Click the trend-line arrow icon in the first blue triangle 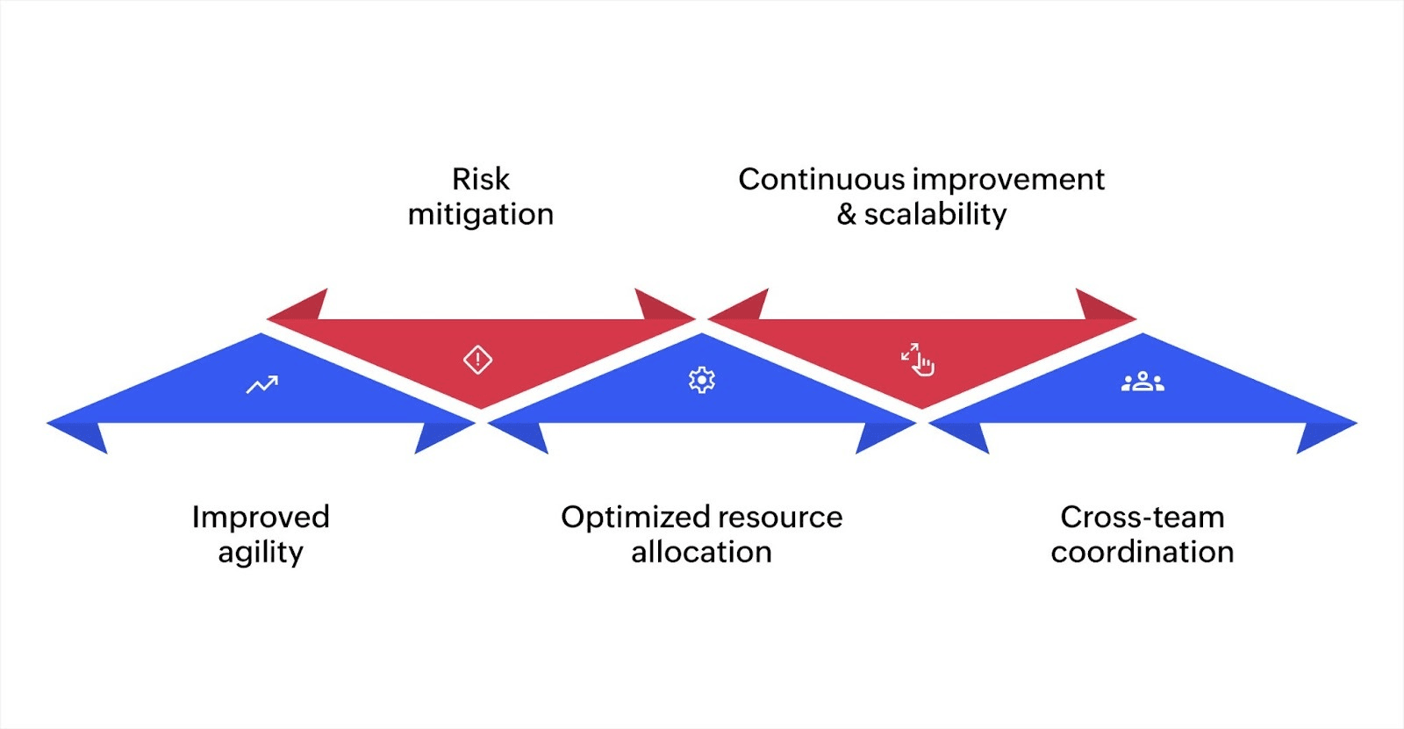261,384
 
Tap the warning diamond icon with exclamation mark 477,359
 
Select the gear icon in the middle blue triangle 701,380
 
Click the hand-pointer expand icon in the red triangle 918,359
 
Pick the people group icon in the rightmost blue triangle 1143,382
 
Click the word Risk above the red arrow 480,179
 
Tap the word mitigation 480,214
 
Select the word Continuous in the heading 820,179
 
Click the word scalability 935,214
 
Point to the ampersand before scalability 846,214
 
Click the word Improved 261,517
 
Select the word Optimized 636,517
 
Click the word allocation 701,552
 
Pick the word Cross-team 1142,517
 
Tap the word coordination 1142,552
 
